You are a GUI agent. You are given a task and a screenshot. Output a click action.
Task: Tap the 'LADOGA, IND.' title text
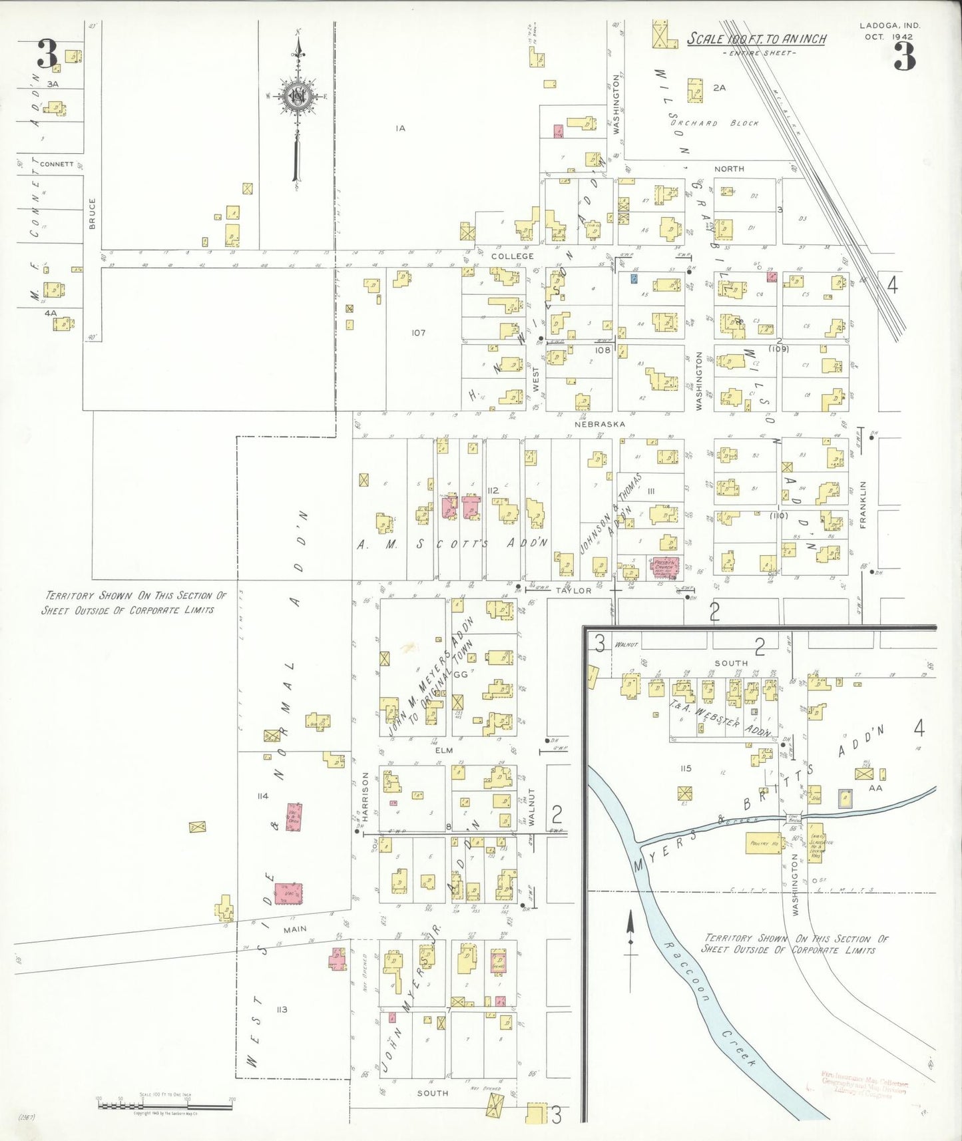[889, 26]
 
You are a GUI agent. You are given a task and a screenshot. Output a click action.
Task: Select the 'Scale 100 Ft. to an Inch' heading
[756, 39]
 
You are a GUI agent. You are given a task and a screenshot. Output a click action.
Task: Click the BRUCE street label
[92, 214]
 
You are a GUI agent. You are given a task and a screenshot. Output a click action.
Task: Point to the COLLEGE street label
[512, 256]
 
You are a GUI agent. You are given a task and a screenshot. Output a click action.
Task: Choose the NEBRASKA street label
[600, 424]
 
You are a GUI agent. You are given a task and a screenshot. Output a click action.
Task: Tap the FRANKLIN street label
[863, 505]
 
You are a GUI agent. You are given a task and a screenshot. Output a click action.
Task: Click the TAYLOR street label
[573, 590]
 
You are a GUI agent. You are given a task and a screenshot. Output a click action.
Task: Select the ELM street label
[443, 750]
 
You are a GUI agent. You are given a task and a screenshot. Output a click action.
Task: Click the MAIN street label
[295, 929]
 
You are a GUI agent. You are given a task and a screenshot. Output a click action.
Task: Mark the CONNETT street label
[57, 164]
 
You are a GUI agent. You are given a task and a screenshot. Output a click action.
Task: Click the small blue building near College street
[634, 278]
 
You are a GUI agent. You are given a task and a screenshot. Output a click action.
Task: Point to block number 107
[418, 333]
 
